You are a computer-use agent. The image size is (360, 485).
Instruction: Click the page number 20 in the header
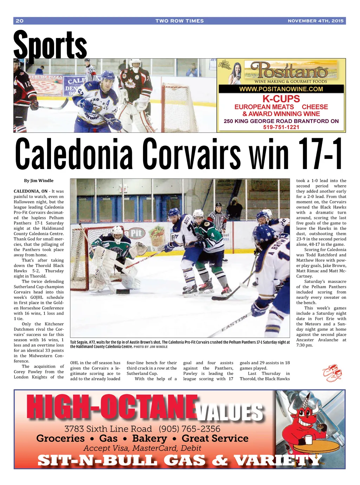tap(20, 21)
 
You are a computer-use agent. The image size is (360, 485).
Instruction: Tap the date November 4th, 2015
tap(315, 21)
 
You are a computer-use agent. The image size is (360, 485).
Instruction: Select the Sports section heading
tap(50, 45)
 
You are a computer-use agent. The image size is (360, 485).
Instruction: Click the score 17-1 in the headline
tap(320, 154)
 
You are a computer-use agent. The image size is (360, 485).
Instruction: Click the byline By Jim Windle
tap(39, 181)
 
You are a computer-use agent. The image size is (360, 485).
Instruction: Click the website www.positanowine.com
tap(281, 89)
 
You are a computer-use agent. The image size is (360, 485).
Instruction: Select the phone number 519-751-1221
tap(281, 127)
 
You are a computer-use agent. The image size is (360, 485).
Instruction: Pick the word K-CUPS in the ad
tap(281, 99)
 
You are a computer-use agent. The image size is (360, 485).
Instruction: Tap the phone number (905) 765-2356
tap(189, 429)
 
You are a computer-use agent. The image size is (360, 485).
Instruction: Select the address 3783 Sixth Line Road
tap(108, 429)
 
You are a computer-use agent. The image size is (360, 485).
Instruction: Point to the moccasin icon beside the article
tap(332, 373)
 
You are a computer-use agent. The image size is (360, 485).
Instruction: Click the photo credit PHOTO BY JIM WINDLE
tap(150, 347)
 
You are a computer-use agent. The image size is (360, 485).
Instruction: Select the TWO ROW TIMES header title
tap(180, 21)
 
